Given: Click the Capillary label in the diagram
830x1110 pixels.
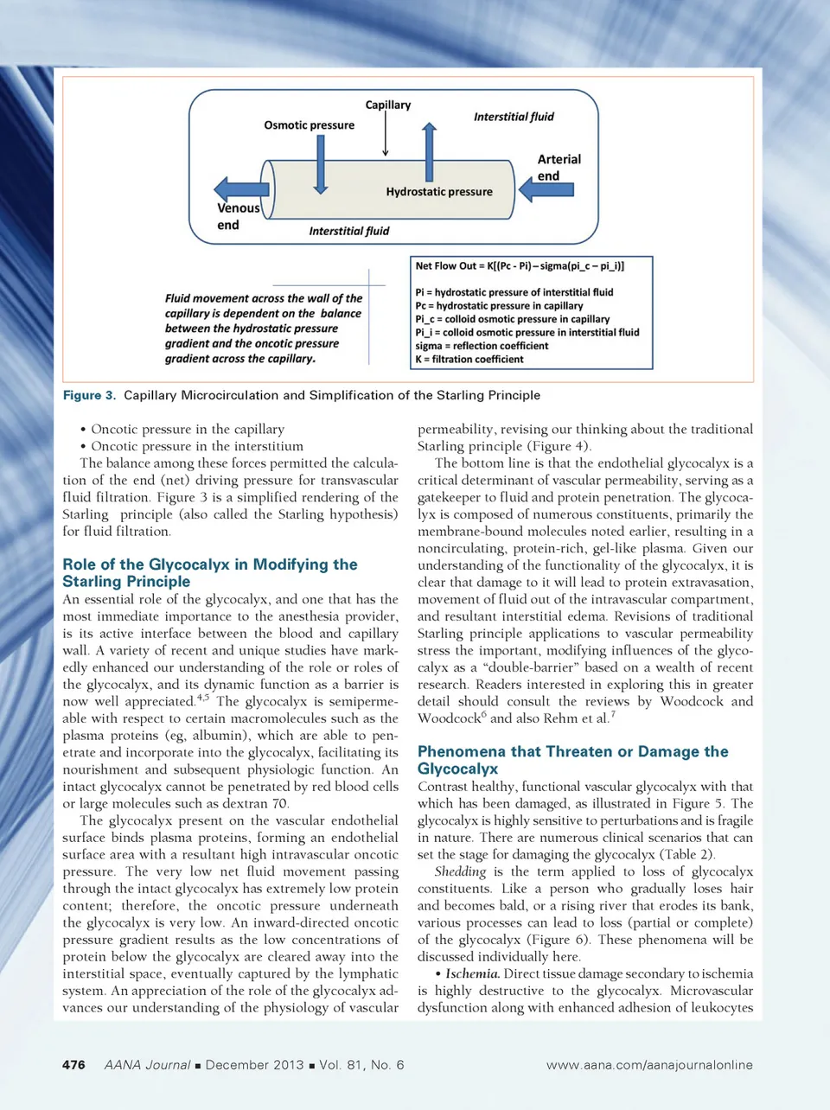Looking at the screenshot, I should click(387, 105).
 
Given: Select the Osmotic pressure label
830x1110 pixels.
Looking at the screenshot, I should click(309, 125).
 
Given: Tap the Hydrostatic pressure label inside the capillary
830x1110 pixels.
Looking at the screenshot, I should click(439, 192).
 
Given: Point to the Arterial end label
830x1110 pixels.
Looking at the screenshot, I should click(559, 168).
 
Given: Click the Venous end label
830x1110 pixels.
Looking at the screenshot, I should click(237, 216).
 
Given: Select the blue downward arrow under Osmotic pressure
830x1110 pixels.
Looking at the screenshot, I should click(320, 164).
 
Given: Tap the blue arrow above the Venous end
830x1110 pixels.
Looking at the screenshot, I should click(241, 189).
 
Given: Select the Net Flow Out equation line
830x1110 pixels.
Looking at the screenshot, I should click(520, 266).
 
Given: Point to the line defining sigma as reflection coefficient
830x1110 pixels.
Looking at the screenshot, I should click(482, 346).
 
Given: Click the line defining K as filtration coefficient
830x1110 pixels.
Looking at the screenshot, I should click(469, 360).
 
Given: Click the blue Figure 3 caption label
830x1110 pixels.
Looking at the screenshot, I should click(89, 395).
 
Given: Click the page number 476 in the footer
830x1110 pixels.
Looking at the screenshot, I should click(73, 1065).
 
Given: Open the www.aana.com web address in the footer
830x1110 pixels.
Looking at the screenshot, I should click(649, 1065).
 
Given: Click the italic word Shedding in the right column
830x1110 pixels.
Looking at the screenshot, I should click(460, 871).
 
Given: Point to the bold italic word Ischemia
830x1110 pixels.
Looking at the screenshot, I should click(472, 973).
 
